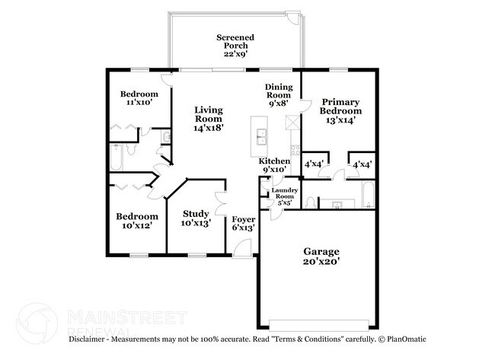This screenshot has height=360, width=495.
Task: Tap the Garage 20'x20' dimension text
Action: click(x=321, y=261)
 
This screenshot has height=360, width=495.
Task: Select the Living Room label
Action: click(x=209, y=114)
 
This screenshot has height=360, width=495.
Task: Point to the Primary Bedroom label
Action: click(x=340, y=107)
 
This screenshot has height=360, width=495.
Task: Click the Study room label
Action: click(x=196, y=214)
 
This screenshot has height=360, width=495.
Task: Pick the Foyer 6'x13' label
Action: click(x=244, y=224)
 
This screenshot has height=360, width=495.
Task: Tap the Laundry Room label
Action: click(x=285, y=193)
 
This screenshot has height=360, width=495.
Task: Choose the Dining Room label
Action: click(x=279, y=91)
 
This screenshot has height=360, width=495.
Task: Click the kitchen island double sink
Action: click(x=261, y=137)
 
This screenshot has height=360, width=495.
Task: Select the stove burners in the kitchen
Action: click(x=295, y=150)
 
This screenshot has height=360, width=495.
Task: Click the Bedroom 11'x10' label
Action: click(x=139, y=98)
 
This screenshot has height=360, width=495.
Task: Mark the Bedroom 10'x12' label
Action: click(x=137, y=221)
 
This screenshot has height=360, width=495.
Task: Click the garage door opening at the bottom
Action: click(x=319, y=325)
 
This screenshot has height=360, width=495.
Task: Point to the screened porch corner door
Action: click(x=292, y=17)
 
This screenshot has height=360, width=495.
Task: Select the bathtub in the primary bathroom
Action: click(x=368, y=194)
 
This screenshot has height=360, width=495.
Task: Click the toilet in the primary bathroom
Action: click(x=311, y=202)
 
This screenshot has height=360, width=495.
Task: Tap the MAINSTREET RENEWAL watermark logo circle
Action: click(x=37, y=323)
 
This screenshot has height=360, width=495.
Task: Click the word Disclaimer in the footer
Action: click(x=87, y=339)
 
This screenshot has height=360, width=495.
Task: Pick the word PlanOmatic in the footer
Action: click(x=407, y=339)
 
